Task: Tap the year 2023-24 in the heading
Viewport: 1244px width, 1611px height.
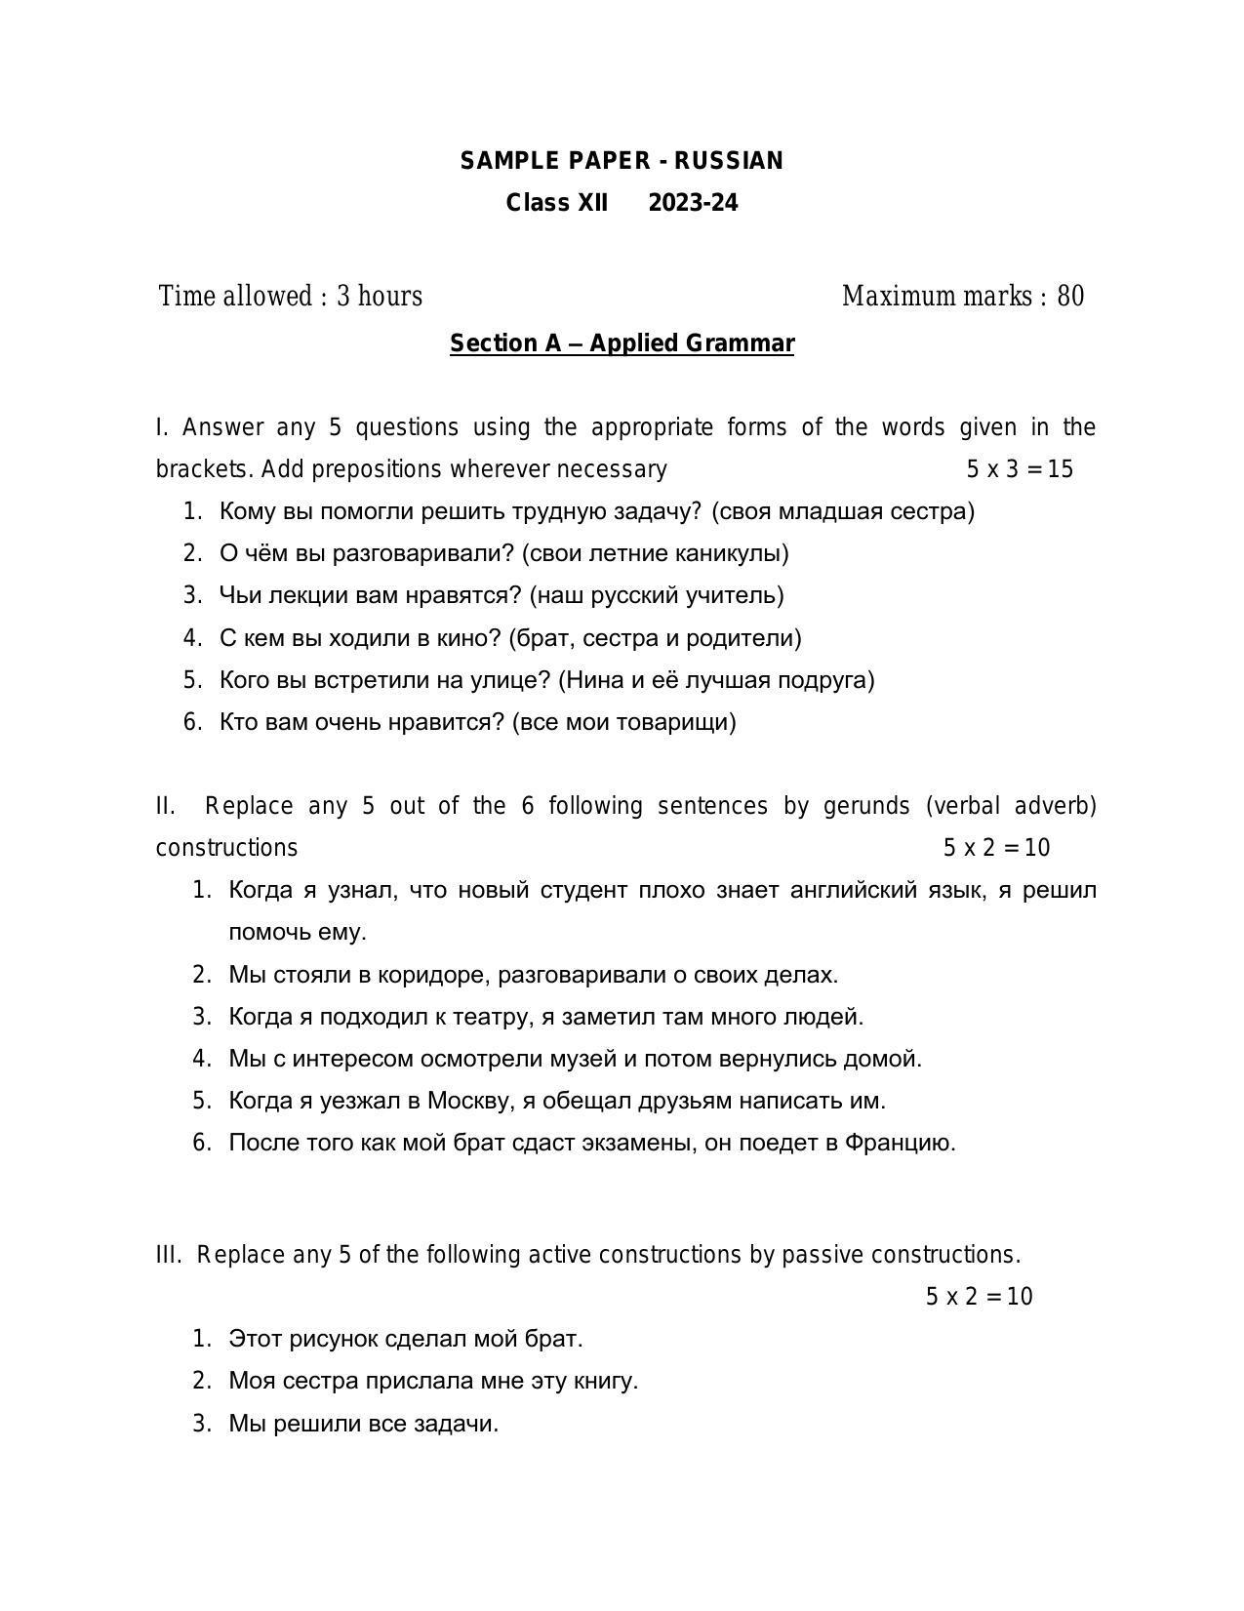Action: point(693,203)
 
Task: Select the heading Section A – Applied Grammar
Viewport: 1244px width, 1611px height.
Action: point(622,343)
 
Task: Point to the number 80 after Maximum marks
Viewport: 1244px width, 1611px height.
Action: point(1070,296)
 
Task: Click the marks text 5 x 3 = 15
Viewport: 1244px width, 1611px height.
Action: point(1020,469)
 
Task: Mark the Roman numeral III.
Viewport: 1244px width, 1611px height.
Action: point(168,1255)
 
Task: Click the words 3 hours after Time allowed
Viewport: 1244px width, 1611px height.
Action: point(380,296)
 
